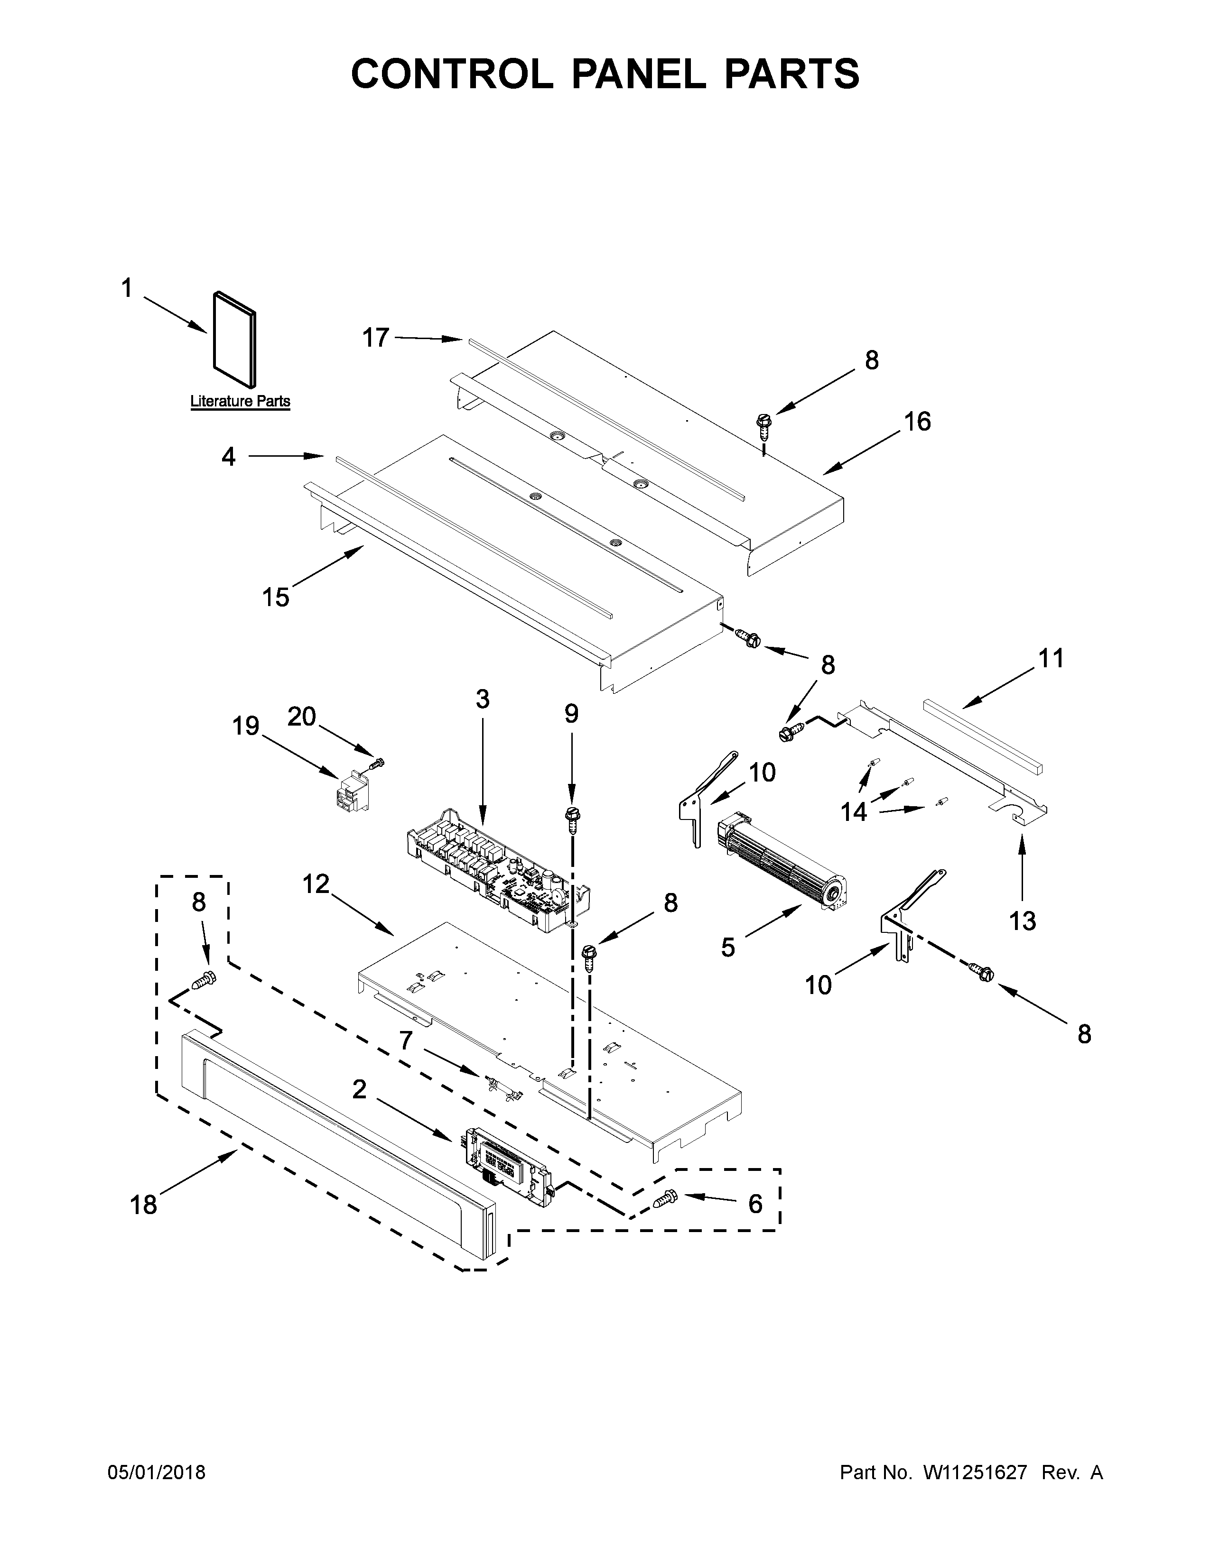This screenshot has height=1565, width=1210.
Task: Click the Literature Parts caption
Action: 240,401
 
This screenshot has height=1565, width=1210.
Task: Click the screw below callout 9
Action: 573,819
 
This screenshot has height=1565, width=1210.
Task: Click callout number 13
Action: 1022,921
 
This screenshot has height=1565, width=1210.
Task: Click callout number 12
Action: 316,884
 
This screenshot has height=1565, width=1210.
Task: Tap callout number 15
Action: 275,596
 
